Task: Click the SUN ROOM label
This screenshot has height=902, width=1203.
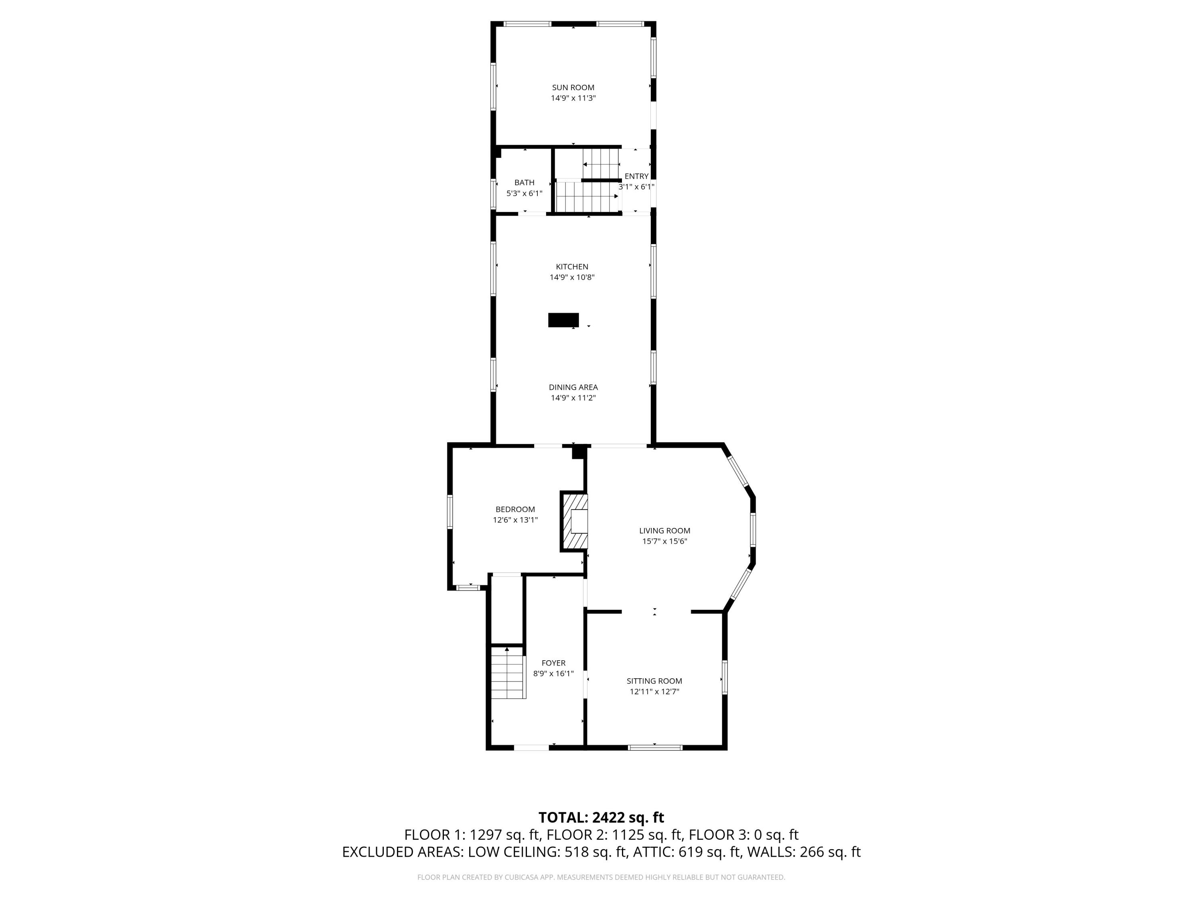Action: point(573,87)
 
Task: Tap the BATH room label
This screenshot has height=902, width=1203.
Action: point(524,183)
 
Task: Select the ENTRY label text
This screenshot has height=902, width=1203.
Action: point(636,176)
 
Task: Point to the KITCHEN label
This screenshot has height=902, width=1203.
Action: point(571,267)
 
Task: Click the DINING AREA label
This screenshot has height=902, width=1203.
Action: point(573,387)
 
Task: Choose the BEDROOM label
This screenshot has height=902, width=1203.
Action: point(515,510)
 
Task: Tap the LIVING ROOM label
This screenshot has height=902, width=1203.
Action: point(664,531)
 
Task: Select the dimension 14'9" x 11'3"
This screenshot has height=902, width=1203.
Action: point(573,98)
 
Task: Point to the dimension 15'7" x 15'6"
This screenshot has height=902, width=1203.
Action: point(664,542)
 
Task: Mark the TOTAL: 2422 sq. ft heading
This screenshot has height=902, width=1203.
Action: point(601,818)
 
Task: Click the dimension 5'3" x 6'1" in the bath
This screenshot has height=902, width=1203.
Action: point(524,194)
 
